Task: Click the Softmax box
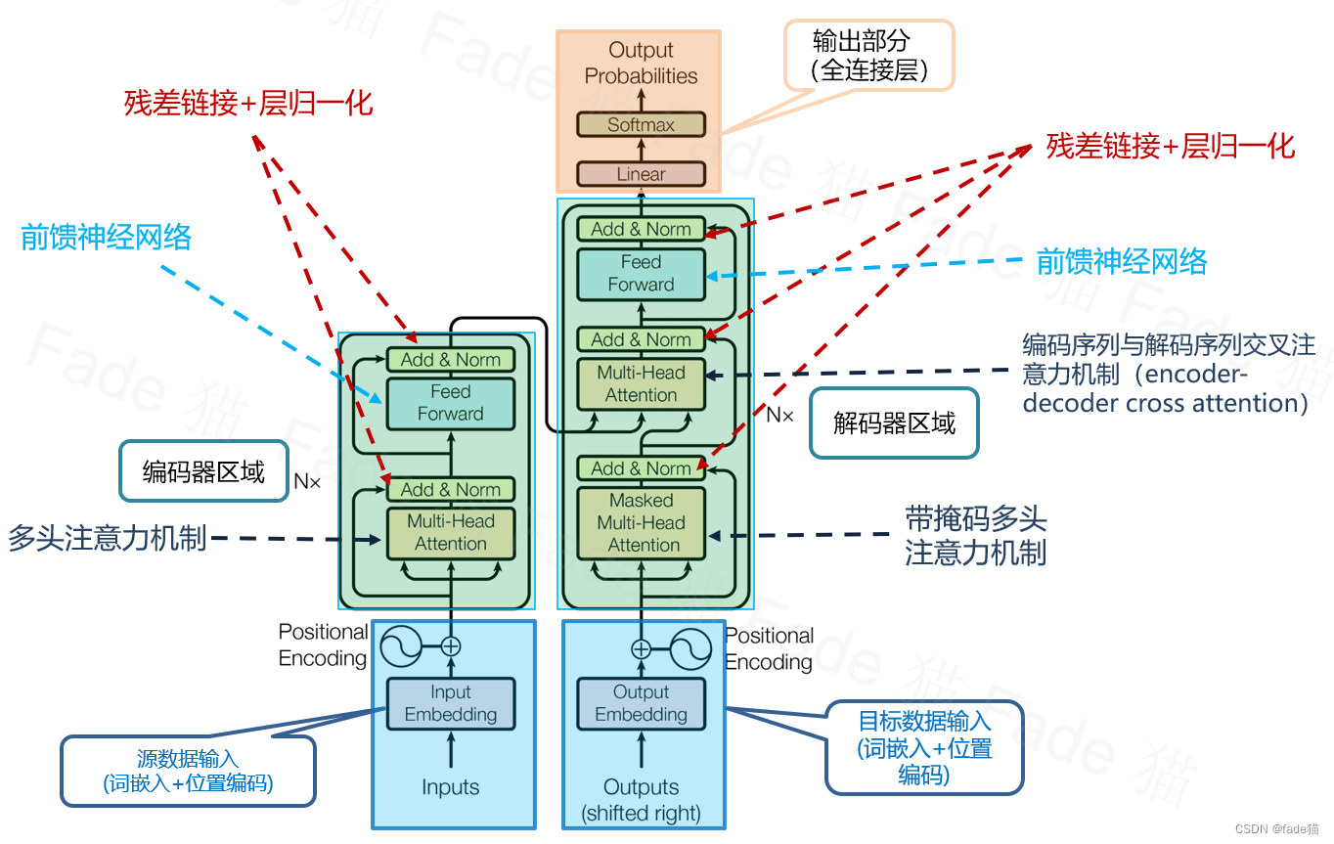[641, 124]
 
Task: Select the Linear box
[641, 174]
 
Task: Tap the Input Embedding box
[450, 703]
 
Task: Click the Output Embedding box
[641, 703]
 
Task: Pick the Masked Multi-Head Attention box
[641, 522]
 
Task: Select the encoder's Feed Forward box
[450, 402]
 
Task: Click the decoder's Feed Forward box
[641, 273]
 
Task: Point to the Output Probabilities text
[641, 63]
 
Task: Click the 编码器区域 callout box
[203, 472]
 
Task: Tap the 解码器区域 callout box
[894, 422]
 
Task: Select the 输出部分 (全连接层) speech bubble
[868, 56]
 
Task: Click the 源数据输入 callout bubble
[188, 771]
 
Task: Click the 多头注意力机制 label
[108, 538]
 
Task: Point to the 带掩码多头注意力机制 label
[975, 536]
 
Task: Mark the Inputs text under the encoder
[450, 787]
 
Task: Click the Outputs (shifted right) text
[641, 799]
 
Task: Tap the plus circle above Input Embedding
[450, 645]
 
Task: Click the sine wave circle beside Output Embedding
[689, 648]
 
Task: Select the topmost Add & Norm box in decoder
[641, 229]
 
